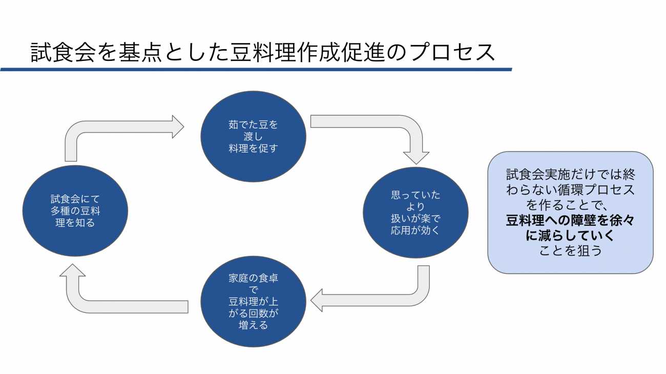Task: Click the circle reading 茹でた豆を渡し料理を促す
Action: click(253, 137)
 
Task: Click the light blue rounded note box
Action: click(570, 212)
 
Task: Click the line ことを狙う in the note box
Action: click(570, 251)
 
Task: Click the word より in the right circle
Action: click(415, 207)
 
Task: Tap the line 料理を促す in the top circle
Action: click(253, 148)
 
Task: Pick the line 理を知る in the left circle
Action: click(75, 223)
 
